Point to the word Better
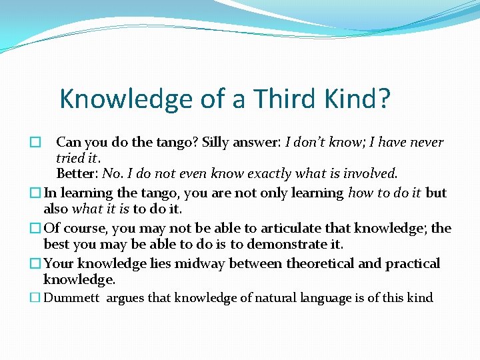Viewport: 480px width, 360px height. pos(76,174)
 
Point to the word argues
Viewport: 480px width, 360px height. pos(125,298)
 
